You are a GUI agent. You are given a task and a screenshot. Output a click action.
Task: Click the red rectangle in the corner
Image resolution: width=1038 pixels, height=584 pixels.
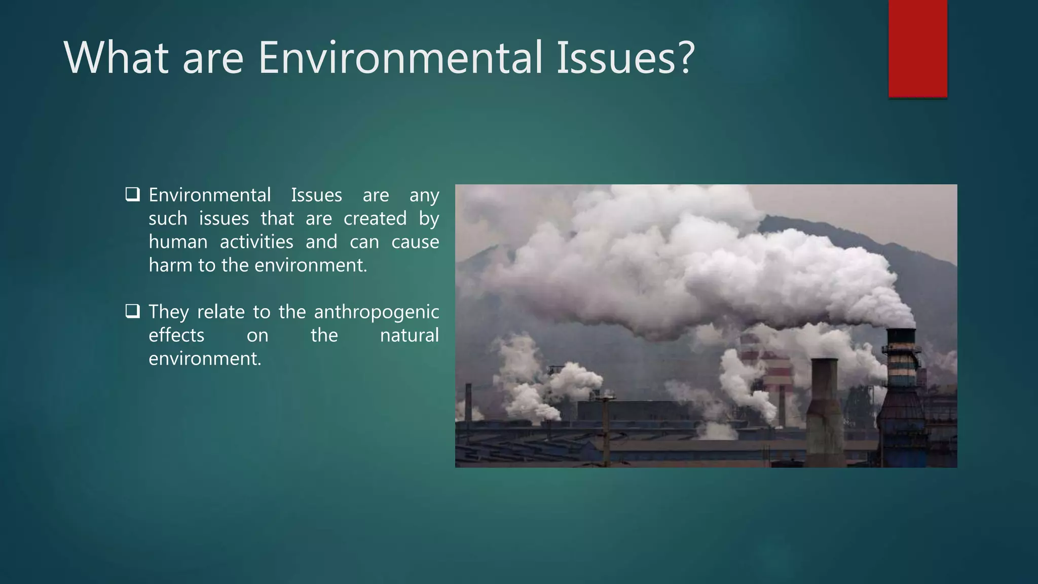pyautogui.click(x=917, y=48)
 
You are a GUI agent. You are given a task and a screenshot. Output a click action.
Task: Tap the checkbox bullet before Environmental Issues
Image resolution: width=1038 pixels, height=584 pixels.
pyautogui.click(x=133, y=195)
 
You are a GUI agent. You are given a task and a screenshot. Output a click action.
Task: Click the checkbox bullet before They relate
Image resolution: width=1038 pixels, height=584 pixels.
pyautogui.click(x=133, y=311)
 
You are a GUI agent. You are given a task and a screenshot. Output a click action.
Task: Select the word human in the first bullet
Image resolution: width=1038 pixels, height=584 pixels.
pyautogui.click(x=178, y=242)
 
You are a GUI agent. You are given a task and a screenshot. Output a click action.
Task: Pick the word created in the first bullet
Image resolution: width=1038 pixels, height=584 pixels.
pyautogui.click(x=375, y=218)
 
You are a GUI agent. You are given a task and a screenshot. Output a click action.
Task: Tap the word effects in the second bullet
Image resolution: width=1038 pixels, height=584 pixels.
pyautogui.click(x=176, y=335)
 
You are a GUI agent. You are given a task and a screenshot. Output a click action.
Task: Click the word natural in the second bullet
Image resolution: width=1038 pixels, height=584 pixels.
pyautogui.click(x=409, y=335)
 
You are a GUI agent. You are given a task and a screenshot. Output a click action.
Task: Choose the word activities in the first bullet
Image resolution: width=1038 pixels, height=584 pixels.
pyautogui.click(x=256, y=242)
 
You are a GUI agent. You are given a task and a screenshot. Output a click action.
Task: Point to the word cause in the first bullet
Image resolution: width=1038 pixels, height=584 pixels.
pyautogui.click(x=415, y=242)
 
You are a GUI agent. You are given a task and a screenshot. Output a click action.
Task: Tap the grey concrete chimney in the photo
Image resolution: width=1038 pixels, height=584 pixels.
pyautogui.click(x=824, y=406)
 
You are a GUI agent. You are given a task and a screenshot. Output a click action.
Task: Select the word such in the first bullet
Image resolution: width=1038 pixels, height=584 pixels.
pyautogui.click(x=168, y=218)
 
